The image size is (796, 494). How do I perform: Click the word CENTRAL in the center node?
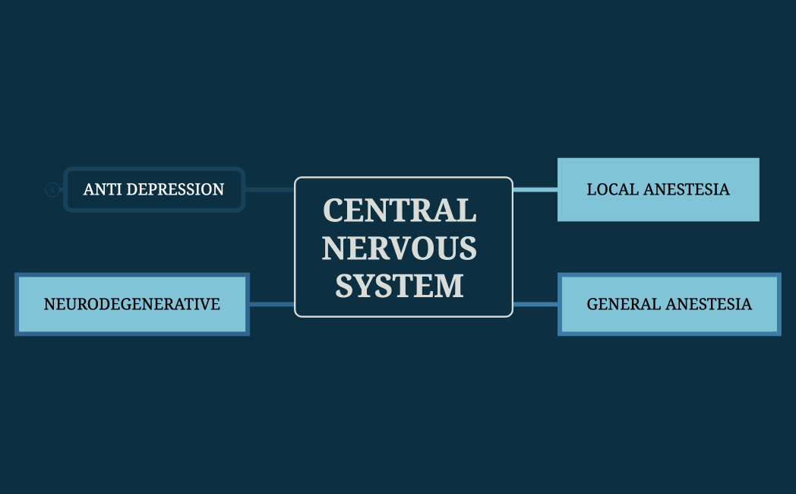[x=400, y=211]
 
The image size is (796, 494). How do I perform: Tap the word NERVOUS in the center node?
[x=400, y=248]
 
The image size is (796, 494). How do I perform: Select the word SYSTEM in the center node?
[x=400, y=286]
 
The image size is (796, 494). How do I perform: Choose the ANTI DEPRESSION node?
[x=154, y=189]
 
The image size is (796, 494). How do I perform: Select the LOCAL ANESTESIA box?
[x=658, y=189]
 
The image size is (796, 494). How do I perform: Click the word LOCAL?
[x=612, y=189]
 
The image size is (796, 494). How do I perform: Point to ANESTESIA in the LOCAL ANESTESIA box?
[x=686, y=189]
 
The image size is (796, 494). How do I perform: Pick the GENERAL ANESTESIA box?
[x=669, y=304]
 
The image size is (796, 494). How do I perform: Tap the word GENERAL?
[x=623, y=304]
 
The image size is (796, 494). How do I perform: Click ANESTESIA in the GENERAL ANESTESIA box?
[x=708, y=304]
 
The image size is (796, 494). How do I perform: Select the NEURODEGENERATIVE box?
[x=132, y=304]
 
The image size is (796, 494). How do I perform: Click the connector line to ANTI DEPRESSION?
[x=269, y=189]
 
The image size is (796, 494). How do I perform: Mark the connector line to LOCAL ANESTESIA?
[x=535, y=189]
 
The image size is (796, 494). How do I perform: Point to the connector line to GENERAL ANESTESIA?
[x=535, y=304]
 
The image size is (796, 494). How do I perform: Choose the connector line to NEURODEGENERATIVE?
[x=271, y=304]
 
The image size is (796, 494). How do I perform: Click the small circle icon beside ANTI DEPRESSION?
[x=52, y=189]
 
